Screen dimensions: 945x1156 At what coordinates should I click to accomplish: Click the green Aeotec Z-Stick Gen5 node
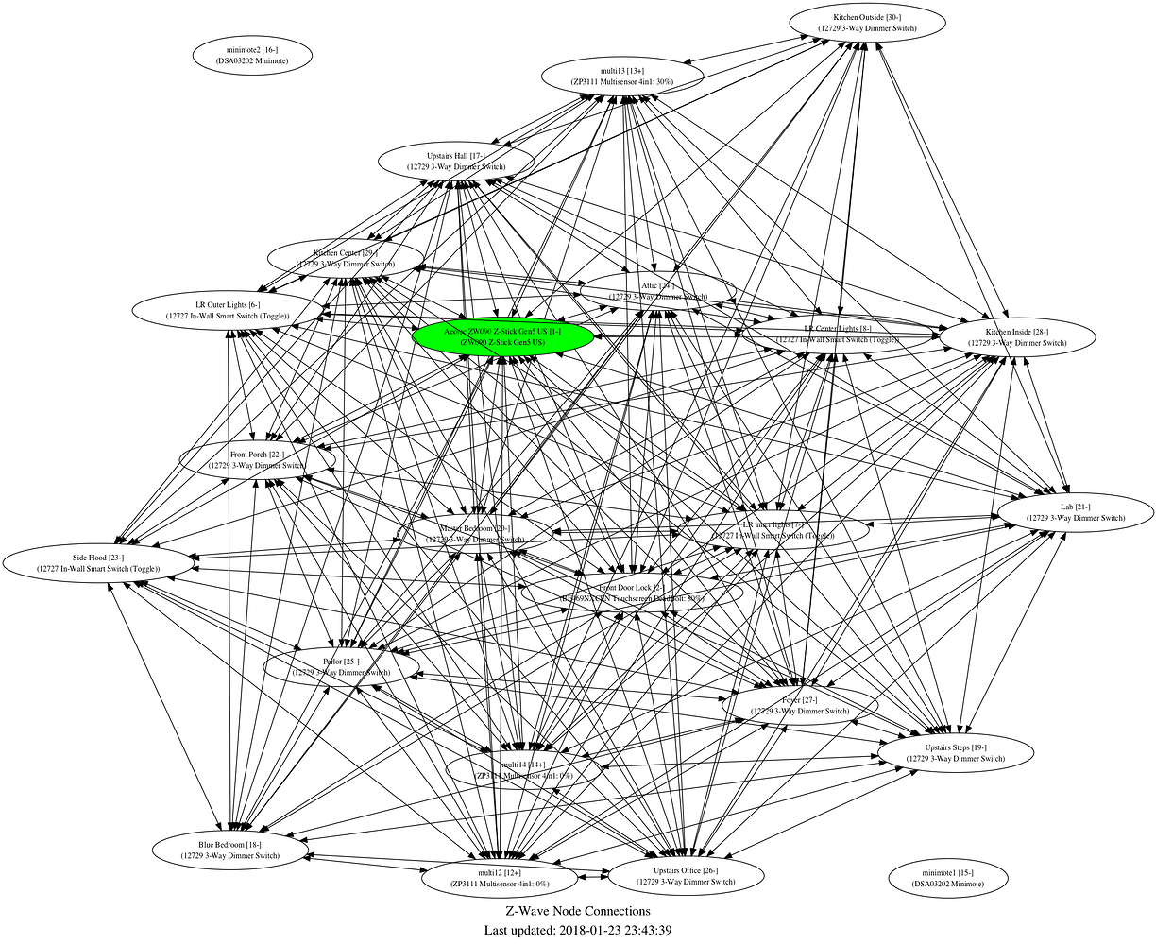[x=502, y=336]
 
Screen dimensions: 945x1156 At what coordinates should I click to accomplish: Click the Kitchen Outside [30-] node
[x=867, y=23]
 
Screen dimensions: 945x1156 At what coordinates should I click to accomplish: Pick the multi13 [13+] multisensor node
[x=621, y=76]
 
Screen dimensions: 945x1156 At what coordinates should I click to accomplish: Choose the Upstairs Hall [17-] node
[x=456, y=161]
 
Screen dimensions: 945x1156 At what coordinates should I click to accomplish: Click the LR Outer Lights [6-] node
[x=228, y=310]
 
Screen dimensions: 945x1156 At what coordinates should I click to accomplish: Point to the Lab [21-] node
[x=1075, y=512]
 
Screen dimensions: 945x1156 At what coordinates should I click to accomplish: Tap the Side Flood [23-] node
[x=98, y=563]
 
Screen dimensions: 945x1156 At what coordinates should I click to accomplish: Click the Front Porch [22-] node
[x=257, y=459]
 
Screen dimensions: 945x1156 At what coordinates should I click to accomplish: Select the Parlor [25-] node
[x=340, y=666]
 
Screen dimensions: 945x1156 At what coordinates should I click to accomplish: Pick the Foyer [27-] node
[x=799, y=705]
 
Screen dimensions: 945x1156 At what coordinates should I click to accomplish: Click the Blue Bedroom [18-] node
[x=230, y=849]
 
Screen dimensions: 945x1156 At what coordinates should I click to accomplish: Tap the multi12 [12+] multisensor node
[x=500, y=878]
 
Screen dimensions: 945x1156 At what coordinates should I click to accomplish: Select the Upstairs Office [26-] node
[x=685, y=875]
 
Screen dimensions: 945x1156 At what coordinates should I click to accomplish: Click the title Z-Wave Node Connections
[x=577, y=911]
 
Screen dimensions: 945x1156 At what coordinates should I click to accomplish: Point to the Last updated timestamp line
[x=577, y=931]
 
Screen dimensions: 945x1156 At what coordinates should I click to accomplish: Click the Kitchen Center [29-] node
[x=345, y=258]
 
